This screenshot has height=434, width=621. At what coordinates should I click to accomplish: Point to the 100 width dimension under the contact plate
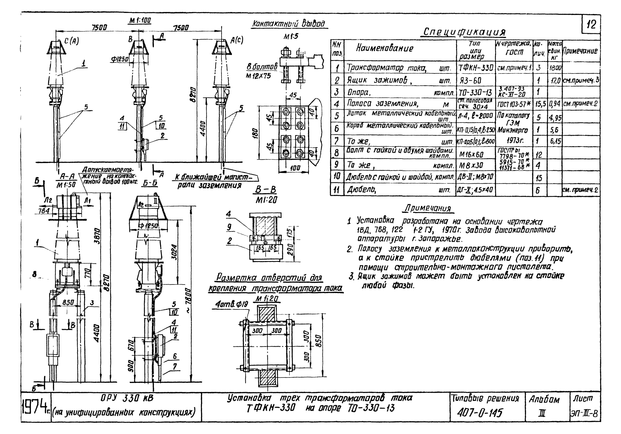(x=295, y=168)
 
